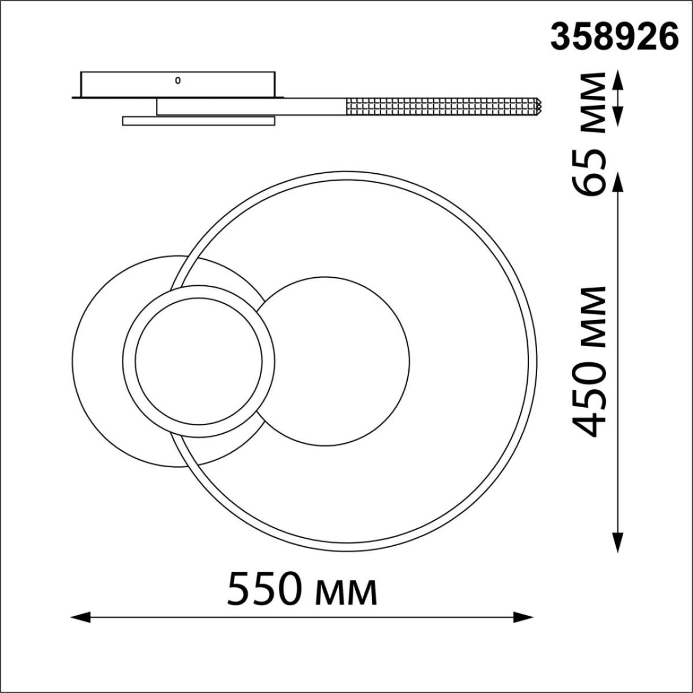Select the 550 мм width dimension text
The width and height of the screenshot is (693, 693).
302,590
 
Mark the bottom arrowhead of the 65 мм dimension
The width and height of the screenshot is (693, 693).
618,116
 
